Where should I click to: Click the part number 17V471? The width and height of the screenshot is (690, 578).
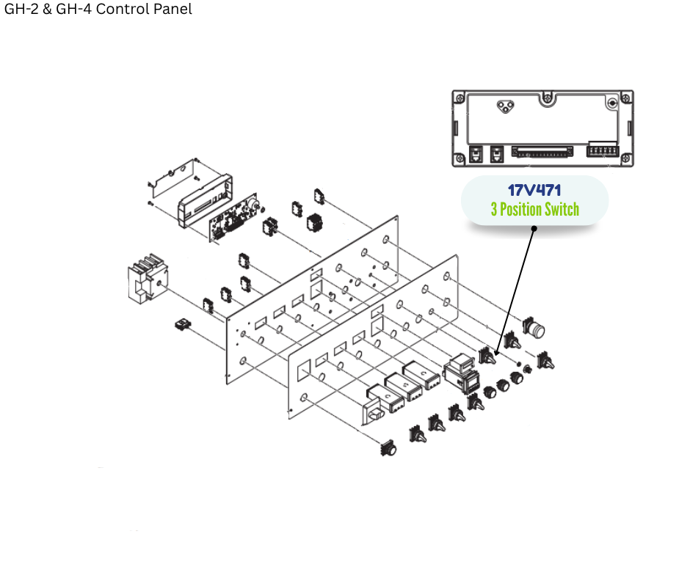coord(534,191)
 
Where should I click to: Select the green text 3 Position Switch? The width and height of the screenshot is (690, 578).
coord(534,210)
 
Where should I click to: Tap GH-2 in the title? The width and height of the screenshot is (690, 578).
coord(22,10)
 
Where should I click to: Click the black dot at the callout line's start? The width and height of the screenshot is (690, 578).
coord(534,228)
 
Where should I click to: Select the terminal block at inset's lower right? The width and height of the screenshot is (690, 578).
coord(603,152)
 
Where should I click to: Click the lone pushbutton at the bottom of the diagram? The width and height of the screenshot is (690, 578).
coord(388,447)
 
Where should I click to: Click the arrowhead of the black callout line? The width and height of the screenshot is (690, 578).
coord(497,354)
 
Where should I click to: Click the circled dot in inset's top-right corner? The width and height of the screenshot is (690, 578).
coord(612,103)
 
